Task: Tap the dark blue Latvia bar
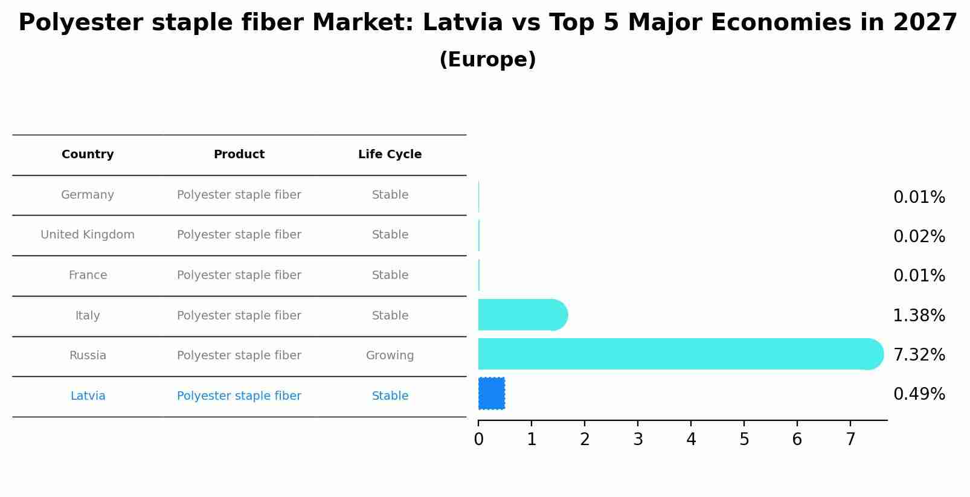pos(492,394)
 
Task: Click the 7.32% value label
pos(919,355)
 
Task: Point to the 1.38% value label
pos(919,316)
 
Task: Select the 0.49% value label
pos(919,394)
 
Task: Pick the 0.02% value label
pos(919,237)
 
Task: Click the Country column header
pos(88,155)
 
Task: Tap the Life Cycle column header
pos(390,155)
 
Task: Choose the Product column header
pos(239,155)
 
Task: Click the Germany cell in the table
pos(88,195)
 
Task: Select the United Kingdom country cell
pos(88,235)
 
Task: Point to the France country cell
pos(88,275)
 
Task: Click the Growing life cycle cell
pos(390,356)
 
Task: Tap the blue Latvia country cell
pos(88,396)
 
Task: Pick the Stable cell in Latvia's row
pos(390,396)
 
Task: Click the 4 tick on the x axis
pos(691,440)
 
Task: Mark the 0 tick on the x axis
pos(478,440)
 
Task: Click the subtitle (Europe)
pos(487,60)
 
